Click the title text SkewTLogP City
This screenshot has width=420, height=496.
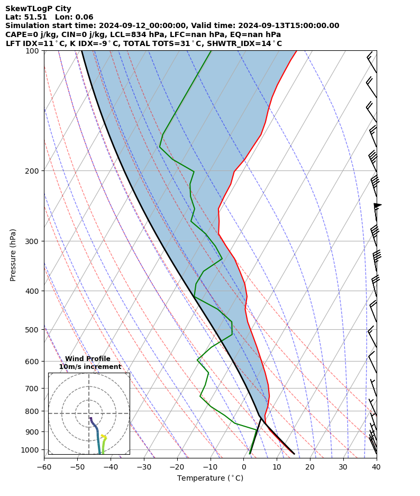pyautogui.click(x=38, y=8)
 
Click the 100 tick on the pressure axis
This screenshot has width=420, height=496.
pyautogui.click(x=32, y=51)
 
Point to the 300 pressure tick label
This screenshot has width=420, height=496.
pyautogui.click(x=32, y=241)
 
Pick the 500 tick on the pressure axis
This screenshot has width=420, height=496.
pyautogui.click(x=32, y=330)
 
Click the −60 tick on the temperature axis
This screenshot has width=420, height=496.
pyautogui.click(x=44, y=467)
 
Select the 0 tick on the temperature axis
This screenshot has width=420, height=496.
pyautogui.click(x=243, y=467)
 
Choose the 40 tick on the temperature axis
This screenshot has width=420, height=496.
pyautogui.click(x=376, y=467)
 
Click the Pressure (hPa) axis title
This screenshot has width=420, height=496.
pyautogui.click(x=13, y=255)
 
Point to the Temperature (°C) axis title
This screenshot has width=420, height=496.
pyautogui.click(x=210, y=479)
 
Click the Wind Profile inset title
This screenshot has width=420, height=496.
pyautogui.click(x=88, y=359)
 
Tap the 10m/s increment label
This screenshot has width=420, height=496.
pyautogui.click(x=90, y=367)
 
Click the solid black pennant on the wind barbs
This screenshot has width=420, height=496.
pyautogui.click(x=378, y=205)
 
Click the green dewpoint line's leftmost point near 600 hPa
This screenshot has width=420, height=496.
pyautogui.click(x=198, y=360)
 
